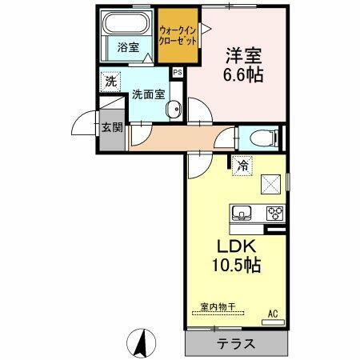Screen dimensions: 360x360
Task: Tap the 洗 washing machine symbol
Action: tap(109, 81)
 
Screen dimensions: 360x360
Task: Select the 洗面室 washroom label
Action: tap(149, 93)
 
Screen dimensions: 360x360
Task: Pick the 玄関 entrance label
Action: tap(111, 126)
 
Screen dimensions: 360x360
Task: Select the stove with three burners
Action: tap(274, 213)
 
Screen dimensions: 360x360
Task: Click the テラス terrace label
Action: tap(236, 344)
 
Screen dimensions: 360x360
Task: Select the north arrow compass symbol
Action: tap(141, 344)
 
